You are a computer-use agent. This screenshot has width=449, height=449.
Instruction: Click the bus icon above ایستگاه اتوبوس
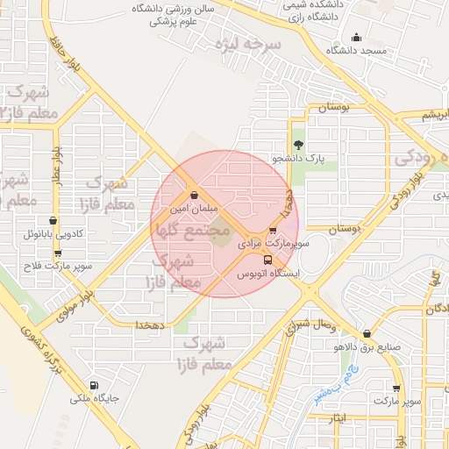(x=268, y=260)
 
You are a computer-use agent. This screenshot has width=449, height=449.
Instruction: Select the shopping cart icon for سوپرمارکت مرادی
(x=273, y=231)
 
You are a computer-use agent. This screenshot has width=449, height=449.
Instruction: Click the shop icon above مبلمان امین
(x=193, y=195)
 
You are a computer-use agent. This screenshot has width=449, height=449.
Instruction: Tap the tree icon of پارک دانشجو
(x=298, y=145)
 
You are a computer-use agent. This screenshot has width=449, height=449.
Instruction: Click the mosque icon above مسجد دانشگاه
(x=356, y=37)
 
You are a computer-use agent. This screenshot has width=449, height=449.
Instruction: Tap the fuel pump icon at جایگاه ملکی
(x=94, y=385)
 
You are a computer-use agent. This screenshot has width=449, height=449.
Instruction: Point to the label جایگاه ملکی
(x=94, y=400)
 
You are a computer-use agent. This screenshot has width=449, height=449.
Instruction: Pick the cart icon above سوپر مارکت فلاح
(x=58, y=253)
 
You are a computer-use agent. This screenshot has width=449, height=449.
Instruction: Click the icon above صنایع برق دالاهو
(x=367, y=333)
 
